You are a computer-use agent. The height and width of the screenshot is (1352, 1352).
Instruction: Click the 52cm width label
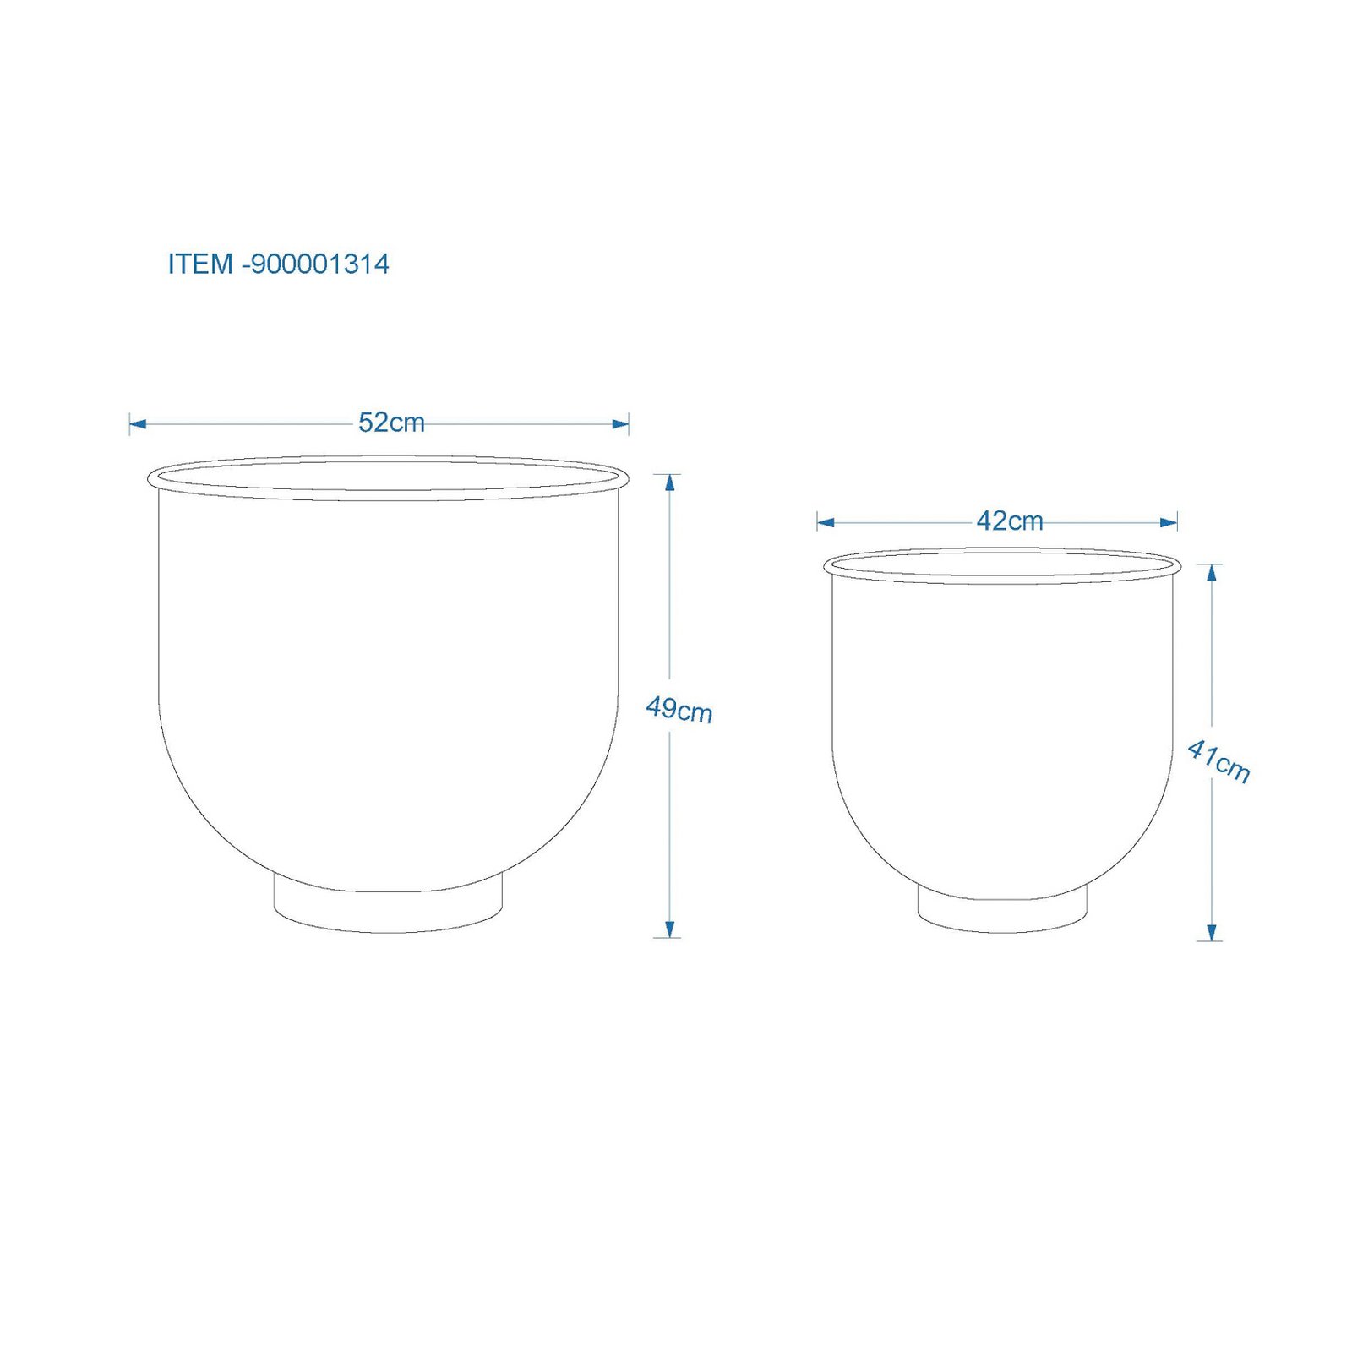click(x=391, y=422)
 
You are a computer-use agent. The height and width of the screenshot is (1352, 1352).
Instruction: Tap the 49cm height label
click(x=679, y=710)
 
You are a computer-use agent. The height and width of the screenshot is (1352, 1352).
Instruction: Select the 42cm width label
click(x=1009, y=521)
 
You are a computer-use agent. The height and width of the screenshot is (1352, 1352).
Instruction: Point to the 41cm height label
click(x=1218, y=760)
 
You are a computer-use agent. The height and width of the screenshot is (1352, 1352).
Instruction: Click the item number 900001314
click(x=319, y=264)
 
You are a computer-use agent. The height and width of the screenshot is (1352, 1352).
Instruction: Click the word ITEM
click(x=200, y=264)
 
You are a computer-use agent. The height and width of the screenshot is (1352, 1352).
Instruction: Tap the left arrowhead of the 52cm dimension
click(x=138, y=423)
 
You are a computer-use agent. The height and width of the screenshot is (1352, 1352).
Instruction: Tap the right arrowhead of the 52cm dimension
click(x=621, y=423)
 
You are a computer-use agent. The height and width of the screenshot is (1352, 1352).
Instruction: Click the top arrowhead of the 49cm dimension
click(x=670, y=482)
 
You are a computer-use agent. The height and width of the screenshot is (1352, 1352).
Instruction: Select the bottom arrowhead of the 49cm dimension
click(x=670, y=929)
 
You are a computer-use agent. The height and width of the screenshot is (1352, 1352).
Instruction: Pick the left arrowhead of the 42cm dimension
click(x=826, y=522)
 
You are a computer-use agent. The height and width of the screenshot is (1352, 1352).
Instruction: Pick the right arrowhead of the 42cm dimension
click(x=1169, y=522)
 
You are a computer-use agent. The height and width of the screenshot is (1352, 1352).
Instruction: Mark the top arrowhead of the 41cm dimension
click(x=1212, y=573)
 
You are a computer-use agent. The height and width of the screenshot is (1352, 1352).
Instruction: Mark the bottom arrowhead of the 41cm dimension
click(x=1212, y=932)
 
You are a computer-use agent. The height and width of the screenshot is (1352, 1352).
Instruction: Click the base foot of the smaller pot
click(x=1002, y=914)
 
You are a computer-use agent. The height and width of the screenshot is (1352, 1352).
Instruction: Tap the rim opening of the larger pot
click(x=388, y=477)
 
